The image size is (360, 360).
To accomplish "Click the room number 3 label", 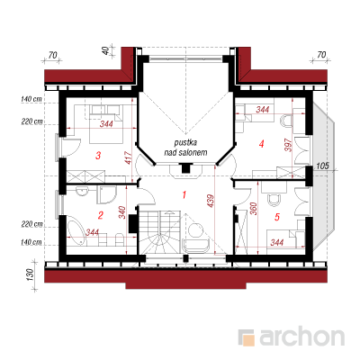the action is [x=98, y=156].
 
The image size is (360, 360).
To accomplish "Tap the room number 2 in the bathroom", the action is [x=101, y=215].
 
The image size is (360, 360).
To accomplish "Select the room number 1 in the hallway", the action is [x=184, y=195].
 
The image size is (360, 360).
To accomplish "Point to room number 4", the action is [x=262, y=144].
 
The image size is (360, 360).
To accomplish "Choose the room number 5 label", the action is [x=277, y=217].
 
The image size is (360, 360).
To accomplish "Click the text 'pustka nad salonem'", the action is [x=185, y=148].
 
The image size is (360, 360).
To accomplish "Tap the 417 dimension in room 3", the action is [x=128, y=157].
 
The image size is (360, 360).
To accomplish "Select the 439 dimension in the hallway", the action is [x=211, y=202].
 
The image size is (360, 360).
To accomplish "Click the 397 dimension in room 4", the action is [x=288, y=145].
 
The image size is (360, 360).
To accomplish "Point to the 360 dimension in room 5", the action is [x=254, y=209].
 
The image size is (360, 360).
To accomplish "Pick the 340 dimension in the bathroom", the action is [x=122, y=212].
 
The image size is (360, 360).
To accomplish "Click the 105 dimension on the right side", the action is [x=322, y=166].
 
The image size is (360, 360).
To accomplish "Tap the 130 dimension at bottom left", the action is [x=30, y=274].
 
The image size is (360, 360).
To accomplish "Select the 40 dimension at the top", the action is [x=105, y=51].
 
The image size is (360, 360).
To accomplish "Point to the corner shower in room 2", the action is [x=106, y=194].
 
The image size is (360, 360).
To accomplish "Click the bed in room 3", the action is [x=106, y=123].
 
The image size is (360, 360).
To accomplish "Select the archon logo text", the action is [x=301, y=337].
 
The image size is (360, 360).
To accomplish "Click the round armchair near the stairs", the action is [x=195, y=230].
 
